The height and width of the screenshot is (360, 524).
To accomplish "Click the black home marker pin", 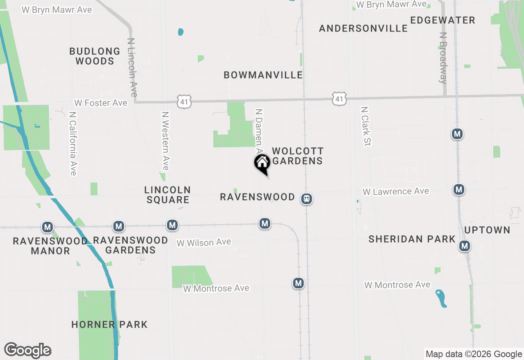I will (262, 163).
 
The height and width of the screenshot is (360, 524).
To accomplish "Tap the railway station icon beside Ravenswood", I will (306, 199).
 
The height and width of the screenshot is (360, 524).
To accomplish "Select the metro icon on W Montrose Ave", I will (298, 283).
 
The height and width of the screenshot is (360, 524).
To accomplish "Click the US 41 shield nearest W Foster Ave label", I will (185, 101).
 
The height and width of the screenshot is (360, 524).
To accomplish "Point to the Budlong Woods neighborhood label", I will (95, 56).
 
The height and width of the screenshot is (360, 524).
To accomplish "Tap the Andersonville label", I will (363, 28).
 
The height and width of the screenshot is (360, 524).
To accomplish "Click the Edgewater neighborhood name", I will (443, 20).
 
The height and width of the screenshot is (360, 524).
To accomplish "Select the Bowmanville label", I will (263, 75).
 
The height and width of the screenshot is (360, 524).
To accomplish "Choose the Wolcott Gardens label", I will (298, 156).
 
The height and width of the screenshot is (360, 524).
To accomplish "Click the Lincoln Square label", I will (167, 195).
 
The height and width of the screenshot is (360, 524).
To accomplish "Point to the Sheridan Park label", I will (412, 239).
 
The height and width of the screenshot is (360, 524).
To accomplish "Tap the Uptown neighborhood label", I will (487, 230).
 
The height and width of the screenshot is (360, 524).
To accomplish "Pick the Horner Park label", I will (109, 324).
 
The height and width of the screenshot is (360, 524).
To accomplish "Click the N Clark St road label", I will (365, 126).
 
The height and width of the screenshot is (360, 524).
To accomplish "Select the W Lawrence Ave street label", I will (396, 191).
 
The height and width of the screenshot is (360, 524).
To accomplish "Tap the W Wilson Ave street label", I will (203, 243).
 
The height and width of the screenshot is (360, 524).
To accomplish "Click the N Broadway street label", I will (443, 58).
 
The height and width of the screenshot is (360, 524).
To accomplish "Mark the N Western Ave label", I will (165, 141).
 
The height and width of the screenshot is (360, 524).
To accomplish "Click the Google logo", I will (28, 350).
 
